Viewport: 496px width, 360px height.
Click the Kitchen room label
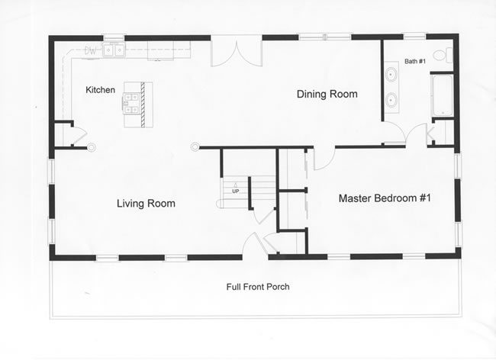click(100, 90)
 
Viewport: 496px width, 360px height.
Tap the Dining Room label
click(327, 94)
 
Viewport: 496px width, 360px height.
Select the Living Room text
click(146, 203)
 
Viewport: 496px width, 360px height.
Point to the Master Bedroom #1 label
click(385, 198)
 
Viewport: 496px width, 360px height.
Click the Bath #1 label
click(415, 61)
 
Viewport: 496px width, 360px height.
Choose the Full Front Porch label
click(258, 287)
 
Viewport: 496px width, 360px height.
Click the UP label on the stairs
click(235, 191)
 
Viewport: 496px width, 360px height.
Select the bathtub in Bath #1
click(442, 95)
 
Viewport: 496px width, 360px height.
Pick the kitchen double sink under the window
click(114, 50)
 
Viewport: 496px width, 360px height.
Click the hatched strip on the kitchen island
click(143, 104)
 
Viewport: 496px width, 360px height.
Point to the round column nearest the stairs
click(195, 146)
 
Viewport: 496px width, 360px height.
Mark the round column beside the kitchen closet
click(92, 147)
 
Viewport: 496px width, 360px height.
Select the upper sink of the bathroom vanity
click(391, 74)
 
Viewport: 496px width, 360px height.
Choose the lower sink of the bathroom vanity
click(391, 100)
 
